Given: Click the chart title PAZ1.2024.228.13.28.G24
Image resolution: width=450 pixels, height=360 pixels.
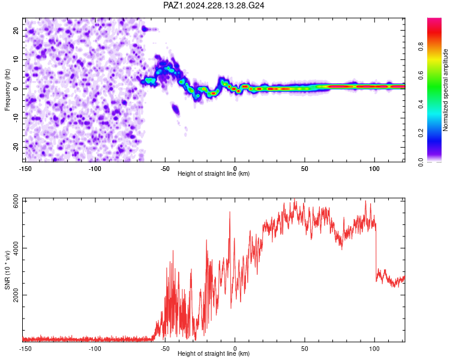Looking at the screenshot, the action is click(x=214, y=5).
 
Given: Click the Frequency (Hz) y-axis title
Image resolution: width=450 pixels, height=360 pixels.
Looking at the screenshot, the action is click(x=7, y=90).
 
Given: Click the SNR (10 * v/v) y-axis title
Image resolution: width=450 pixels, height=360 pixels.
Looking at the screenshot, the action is click(x=7, y=270).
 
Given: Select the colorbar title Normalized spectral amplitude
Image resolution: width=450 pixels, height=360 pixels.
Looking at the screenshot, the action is click(x=445, y=90).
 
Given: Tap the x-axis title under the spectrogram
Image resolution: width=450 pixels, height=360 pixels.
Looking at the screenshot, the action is click(x=214, y=173).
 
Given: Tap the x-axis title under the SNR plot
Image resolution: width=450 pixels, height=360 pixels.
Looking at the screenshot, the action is click(x=214, y=353).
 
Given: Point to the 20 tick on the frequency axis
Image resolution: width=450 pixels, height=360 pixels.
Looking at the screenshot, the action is click(x=16, y=30).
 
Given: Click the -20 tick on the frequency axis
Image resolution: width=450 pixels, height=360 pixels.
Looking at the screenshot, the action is click(x=16, y=147).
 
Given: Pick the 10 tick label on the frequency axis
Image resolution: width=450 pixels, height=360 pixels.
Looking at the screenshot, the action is click(x=16, y=59).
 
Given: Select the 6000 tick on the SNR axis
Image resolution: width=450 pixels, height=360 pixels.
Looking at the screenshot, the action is click(x=16, y=201).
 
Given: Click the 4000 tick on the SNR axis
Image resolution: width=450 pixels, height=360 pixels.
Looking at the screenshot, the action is click(x=16, y=248).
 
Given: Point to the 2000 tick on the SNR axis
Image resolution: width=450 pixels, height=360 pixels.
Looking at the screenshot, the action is click(x=16, y=295).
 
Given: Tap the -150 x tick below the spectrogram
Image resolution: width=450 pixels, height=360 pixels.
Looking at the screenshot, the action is click(x=25, y=169).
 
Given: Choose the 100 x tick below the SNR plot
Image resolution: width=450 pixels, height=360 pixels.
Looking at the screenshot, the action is click(x=374, y=349).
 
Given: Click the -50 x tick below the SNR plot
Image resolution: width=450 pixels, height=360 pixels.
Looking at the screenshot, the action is click(x=165, y=349).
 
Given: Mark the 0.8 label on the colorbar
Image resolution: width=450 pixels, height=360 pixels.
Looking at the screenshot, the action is click(x=421, y=46).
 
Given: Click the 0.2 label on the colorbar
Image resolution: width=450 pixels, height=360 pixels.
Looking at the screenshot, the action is click(x=421, y=133).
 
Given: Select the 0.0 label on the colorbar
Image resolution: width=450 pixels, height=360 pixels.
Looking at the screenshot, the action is click(x=421, y=163).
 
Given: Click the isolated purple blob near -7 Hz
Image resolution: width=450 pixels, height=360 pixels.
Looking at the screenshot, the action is click(x=175, y=109).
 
